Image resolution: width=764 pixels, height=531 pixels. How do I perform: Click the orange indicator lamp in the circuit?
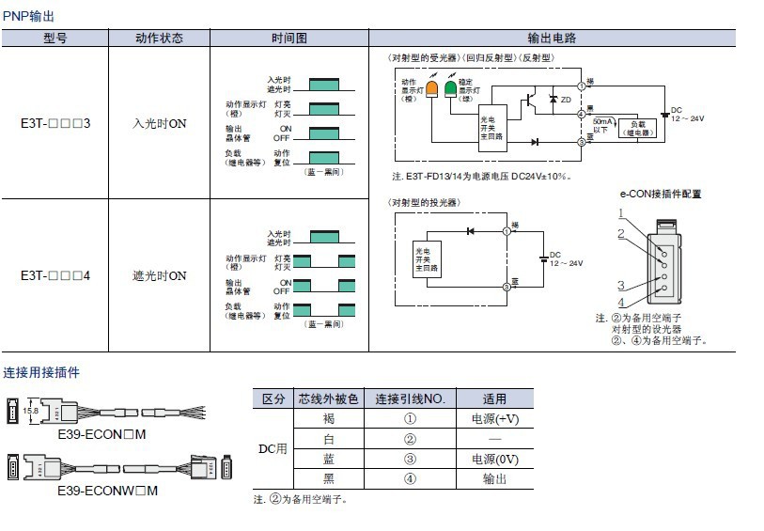point(432,89)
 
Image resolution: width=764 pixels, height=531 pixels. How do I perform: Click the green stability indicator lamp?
point(450,89)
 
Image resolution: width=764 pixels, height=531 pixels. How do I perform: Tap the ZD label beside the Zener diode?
point(566,100)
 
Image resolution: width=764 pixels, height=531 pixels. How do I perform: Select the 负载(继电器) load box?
point(638,126)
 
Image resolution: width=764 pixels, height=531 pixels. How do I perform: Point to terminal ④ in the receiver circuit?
point(582,115)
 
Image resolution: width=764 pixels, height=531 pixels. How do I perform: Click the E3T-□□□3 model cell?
point(55,123)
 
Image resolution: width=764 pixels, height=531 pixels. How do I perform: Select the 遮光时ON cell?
point(159,276)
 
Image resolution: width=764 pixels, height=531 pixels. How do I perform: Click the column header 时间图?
point(289,39)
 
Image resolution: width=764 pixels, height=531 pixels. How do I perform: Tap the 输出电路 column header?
point(552,39)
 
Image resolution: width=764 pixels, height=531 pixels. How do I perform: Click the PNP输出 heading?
point(28,17)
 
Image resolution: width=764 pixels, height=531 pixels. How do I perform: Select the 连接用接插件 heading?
point(41,372)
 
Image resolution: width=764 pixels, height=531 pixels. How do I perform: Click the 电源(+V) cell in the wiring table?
point(495,419)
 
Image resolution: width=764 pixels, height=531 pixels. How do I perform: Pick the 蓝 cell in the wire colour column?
point(328,459)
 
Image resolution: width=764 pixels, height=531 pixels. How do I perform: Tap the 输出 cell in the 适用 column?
point(495,478)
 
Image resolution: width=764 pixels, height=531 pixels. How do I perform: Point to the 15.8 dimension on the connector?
point(31,411)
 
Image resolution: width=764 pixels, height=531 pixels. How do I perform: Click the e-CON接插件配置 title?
point(660,195)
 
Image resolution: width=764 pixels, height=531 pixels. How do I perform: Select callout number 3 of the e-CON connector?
point(621,286)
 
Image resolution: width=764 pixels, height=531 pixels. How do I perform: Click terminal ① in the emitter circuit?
point(506,230)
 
